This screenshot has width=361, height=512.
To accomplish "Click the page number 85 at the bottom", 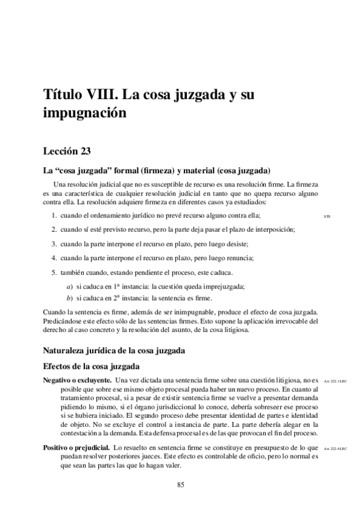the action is pos(180,484).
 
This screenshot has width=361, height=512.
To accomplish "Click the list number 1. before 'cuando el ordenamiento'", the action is pos(54,216).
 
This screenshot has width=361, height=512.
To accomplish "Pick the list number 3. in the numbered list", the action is pos(54,244).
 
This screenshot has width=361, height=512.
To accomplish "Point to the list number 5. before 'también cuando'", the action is pos(54,272).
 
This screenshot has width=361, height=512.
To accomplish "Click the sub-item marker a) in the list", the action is pos(70,287).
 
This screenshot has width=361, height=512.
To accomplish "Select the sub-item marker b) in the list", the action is pos(70,298).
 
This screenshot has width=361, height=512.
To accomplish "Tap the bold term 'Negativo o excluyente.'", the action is pos(77,380).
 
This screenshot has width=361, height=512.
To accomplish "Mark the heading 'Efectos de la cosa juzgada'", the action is pos(90,366).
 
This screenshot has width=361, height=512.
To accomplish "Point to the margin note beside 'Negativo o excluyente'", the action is pos(336,380).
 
